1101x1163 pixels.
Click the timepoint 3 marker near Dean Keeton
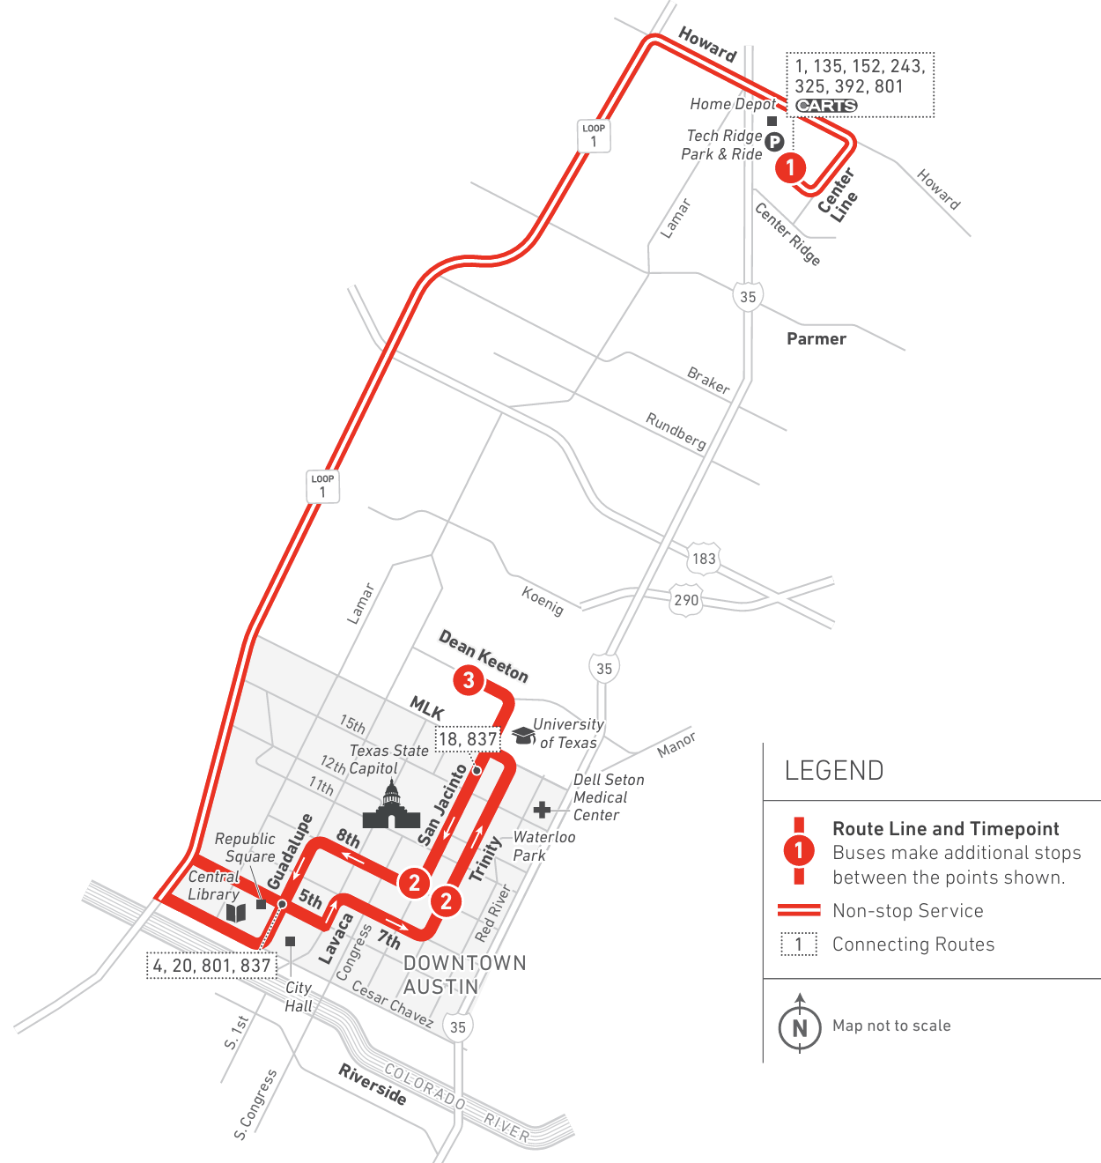pos(469,680)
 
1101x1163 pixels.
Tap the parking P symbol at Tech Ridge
pos(774,142)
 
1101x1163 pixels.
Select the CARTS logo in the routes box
pos(826,106)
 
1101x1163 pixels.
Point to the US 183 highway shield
pos(704,559)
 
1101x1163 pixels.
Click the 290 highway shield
pos(686,600)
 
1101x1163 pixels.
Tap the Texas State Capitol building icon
pos(391,806)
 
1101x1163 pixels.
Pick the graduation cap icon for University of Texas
pos(524,735)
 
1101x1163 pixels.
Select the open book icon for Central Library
pos(236,912)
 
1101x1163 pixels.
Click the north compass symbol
pos(800,1026)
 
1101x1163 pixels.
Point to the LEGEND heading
pos(834,771)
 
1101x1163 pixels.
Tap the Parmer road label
pos(817,339)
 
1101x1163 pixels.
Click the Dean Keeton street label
pos(484,657)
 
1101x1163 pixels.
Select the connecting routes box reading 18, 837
pos(469,739)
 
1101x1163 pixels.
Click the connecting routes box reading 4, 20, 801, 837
pos(211,966)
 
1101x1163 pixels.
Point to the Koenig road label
pos(542,600)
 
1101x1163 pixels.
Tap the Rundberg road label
pos(676,431)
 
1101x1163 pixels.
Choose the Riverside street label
pos(373,1085)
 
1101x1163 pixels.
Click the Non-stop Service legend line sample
pos(799,911)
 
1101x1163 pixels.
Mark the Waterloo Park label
pos(543,846)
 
